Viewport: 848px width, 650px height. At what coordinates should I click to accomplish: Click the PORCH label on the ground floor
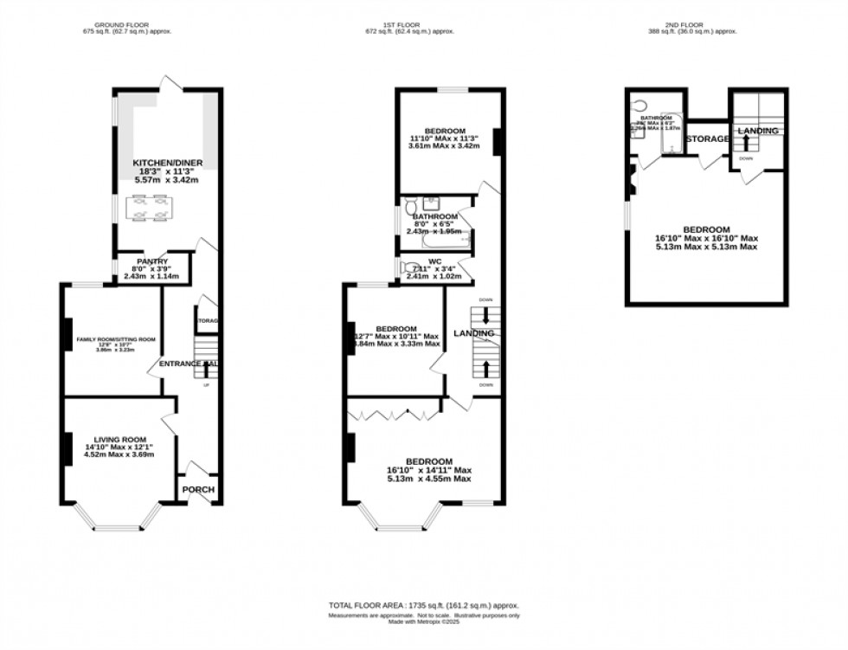coord(198,490)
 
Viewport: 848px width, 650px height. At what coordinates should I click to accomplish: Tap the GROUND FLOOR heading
coord(127,23)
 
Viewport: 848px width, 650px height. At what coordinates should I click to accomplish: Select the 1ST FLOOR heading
coord(422,23)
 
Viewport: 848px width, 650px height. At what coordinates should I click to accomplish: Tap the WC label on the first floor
coord(434,261)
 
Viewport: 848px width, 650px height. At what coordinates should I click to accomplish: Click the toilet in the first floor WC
coord(412,267)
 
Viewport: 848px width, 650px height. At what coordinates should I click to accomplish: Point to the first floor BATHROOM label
coord(434,216)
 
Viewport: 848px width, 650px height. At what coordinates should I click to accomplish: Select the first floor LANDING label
coord(473,333)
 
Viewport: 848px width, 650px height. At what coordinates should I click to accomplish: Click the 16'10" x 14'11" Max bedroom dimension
coord(429,470)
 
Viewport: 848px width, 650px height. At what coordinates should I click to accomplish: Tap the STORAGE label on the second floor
coord(707,138)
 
